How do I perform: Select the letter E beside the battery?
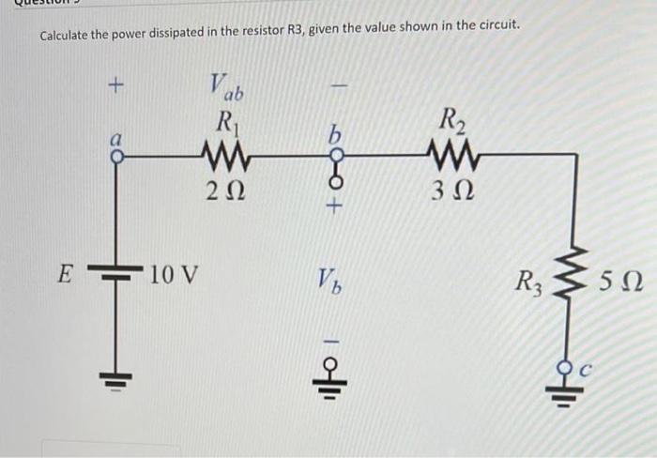(x=64, y=276)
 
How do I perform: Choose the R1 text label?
(x=226, y=121)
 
